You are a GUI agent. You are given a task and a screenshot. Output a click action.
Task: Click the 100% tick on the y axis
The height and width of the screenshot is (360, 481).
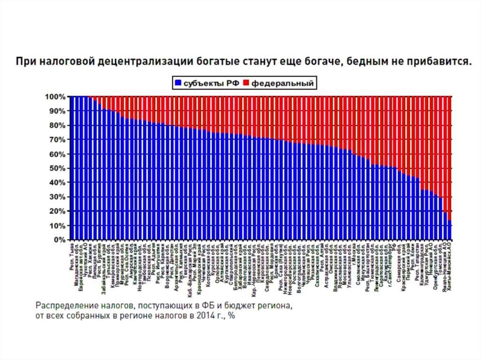[57, 97]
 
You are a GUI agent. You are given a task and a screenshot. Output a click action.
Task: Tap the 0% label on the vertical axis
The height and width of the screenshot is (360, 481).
[61, 240]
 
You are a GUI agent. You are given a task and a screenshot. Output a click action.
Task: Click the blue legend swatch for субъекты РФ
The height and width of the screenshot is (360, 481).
[178, 84]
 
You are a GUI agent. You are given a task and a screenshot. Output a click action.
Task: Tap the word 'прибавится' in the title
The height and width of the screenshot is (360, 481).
[438, 61]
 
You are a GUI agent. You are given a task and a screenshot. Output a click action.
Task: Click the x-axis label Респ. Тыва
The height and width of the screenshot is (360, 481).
[72, 256]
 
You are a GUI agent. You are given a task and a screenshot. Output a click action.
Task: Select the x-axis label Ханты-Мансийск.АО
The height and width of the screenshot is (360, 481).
[450, 269]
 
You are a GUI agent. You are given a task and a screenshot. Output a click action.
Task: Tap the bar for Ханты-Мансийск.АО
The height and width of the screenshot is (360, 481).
[450, 230]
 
